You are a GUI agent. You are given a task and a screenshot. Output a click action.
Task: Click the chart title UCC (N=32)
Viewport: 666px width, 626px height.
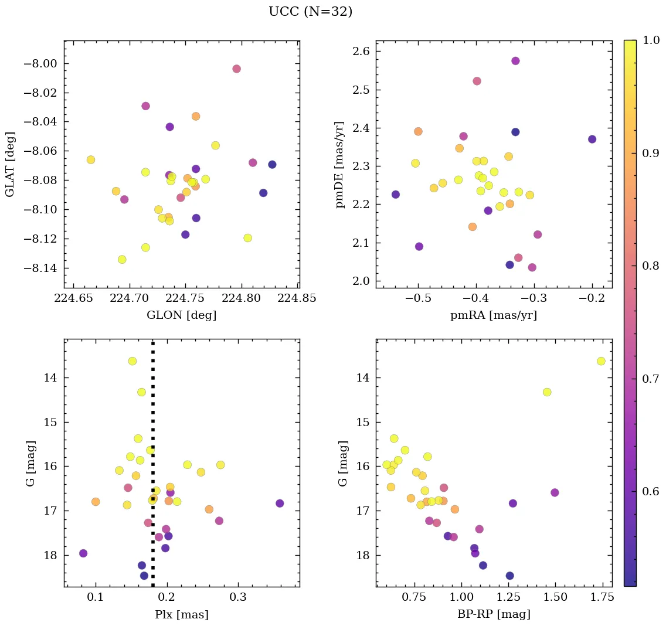310,12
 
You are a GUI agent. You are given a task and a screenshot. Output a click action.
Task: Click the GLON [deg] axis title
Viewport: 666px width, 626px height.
181,315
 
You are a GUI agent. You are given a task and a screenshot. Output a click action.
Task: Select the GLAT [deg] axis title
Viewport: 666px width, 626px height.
10,164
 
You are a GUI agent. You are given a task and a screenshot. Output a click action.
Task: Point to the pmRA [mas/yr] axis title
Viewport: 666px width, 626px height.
493,315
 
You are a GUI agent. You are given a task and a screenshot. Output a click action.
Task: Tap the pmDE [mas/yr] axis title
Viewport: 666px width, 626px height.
340,165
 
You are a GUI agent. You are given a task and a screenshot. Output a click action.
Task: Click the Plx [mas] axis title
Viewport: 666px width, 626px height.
181,615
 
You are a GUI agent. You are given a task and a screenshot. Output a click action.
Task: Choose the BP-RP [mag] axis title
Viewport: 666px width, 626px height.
493,615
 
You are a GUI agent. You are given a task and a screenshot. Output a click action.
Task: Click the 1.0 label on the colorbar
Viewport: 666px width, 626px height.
651,40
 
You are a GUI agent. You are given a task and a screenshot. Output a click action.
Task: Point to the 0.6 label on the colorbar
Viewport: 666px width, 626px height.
651,491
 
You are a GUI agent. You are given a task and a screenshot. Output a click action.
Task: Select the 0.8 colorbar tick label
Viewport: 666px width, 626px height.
651,266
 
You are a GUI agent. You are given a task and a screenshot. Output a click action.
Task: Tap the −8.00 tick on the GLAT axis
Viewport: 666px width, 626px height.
39,64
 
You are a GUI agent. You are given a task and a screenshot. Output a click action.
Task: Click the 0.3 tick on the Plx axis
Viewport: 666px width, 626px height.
238,598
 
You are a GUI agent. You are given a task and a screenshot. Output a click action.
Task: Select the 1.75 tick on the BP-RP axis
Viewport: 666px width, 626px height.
593,598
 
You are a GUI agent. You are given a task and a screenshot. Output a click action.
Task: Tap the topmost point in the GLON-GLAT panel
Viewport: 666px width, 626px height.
236,69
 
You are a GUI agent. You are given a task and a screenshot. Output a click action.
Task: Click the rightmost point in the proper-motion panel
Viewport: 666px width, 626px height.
592,139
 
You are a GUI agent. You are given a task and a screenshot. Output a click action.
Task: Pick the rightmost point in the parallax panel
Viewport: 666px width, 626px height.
280,503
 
